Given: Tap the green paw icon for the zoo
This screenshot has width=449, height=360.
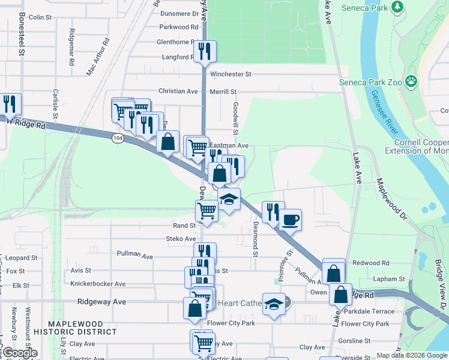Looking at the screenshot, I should pyautogui.click(x=411, y=80).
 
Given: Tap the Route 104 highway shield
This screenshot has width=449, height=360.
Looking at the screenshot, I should pyautogui.click(x=118, y=138).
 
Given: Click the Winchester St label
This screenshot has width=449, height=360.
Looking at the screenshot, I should pyautogui.click(x=231, y=74).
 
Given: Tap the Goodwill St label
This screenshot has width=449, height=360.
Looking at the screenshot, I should pyautogui.click(x=236, y=118).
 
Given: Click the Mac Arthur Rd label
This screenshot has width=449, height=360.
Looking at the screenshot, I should pyautogui.click(x=99, y=57).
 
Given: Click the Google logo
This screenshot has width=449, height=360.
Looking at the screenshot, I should pyautogui.click(x=19, y=353).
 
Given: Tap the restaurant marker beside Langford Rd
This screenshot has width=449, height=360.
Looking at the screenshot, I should pyautogui.click(x=205, y=52).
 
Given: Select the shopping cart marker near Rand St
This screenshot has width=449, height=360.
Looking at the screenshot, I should pyautogui.click(x=206, y=211).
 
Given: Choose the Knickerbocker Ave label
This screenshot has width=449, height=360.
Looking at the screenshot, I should pyautogui.click(x=98, y=283).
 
